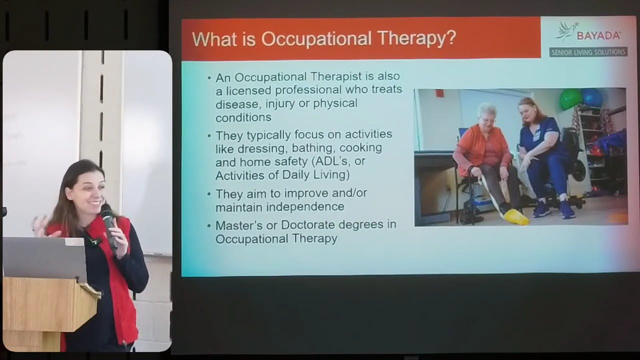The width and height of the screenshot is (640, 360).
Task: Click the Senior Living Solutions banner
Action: point(588,52)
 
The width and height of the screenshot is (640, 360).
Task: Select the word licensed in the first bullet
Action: point(249,90)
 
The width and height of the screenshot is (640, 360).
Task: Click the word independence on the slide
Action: point(305,206)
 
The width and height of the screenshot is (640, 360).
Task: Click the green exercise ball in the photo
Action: point(570,99)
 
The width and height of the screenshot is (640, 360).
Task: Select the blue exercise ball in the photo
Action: point(592,97)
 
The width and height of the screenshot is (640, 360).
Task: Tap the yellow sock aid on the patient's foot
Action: point(516,216)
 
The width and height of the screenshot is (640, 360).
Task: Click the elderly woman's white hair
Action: point(486,109)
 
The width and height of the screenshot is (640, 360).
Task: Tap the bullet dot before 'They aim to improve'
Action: point(209,194)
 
